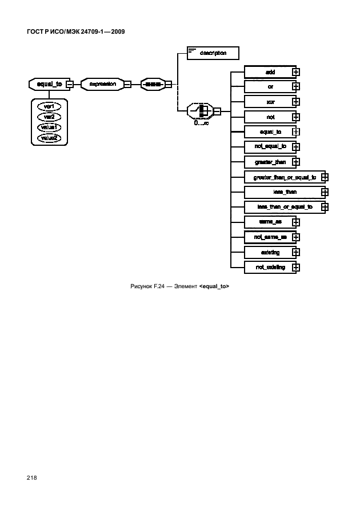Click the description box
[x=213, y=53]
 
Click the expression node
[x=103, y=84]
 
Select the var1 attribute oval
[x=49, y=106]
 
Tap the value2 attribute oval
[x=49, y=137]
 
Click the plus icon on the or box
[x=295, y=87]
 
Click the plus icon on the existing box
[x=295, y=252]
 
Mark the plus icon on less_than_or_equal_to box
[x=325, y=207]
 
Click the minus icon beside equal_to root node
[x=69, y=84]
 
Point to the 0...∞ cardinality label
[x=201, y=123]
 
